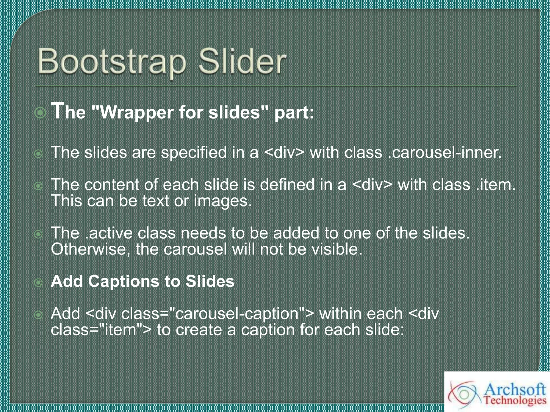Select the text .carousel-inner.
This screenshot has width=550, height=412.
point(445,152)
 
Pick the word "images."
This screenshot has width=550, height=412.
point(223,201)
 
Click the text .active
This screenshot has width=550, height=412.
point(109,233)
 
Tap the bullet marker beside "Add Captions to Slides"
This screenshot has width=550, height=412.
point(39,282)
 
